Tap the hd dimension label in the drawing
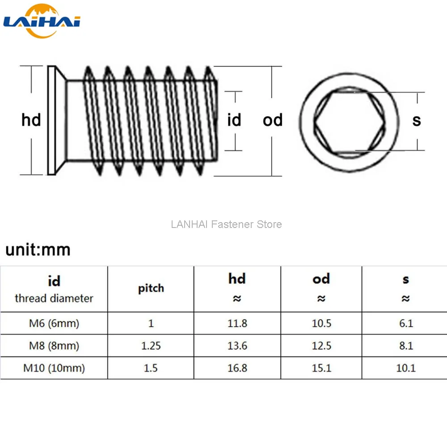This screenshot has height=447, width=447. pyautogui.click(x=31, y=120)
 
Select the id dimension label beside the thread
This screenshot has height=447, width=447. pyautogui.click(x=234, y=120)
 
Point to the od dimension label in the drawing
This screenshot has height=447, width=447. pyautogui.click(x=273, y=120)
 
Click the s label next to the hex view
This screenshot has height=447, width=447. pyautogui.click(x=417, y=120)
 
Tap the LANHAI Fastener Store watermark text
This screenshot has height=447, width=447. pyautogui.click(x=226, y=224)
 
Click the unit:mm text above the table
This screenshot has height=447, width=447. pyautogui.click(x=38, y=250)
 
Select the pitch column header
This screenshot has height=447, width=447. pyautogui.click(x=151, y=288)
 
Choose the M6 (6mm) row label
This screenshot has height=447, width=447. pyautogui.click(x=54, y=323)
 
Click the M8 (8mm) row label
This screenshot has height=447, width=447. pyautogui.click(x=54, y=346)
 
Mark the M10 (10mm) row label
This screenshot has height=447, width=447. pyautogui.click(x=54, y=368)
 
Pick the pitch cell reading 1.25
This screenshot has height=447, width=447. pyautogui.click(x=151, y=346)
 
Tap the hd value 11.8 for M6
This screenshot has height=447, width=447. pyautogui.click(x=237, y=323)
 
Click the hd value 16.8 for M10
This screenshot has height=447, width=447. pyautogui.click(x=237, y=368)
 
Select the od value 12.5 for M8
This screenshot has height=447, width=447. pyautogui.click(x=321, y=346)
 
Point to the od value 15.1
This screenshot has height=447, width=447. pyautogui.click(x=321, y=368)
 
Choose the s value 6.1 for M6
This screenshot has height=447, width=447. pyautogui.click(x=406, y=323)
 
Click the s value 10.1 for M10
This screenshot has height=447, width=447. pyautogui.click(x=406, y=368)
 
